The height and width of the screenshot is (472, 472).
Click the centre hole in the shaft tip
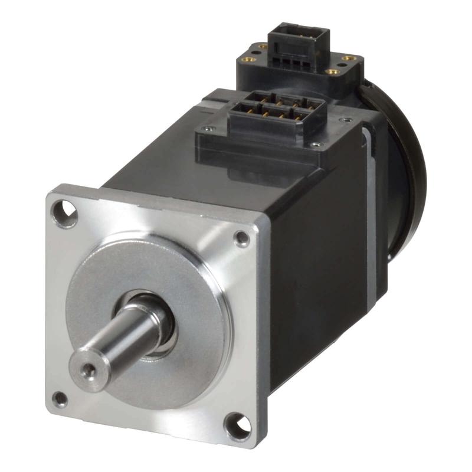click(88, 370)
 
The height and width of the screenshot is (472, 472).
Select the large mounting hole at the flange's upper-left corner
click(65, 214)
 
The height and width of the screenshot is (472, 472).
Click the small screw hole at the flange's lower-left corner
click(60, 399)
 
